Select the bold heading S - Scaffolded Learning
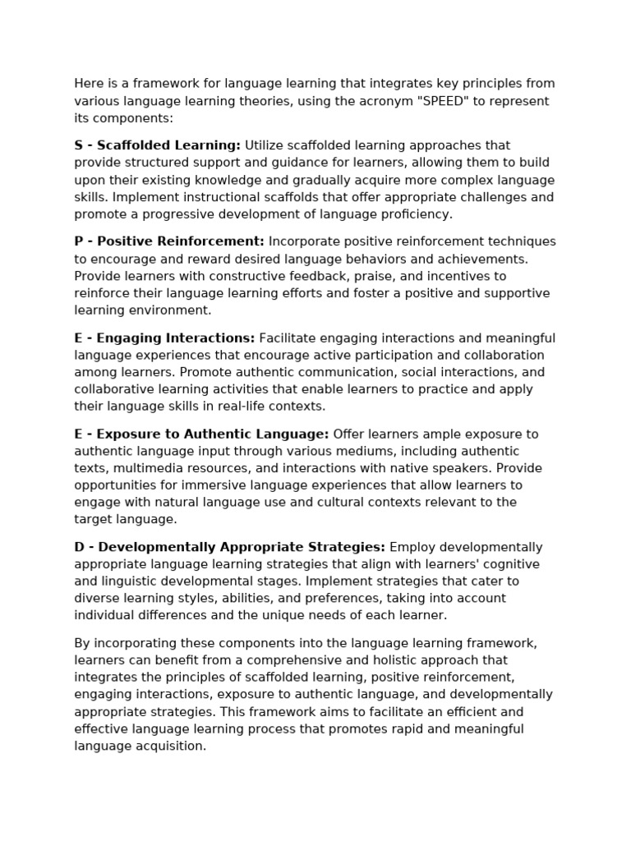click(158, 145)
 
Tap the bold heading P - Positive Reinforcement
click(169, 241)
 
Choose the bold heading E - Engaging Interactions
click(164, 338)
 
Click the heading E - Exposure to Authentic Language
click(201, 434)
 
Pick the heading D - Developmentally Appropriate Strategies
click(229, 547)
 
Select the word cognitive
click(512, 564)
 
